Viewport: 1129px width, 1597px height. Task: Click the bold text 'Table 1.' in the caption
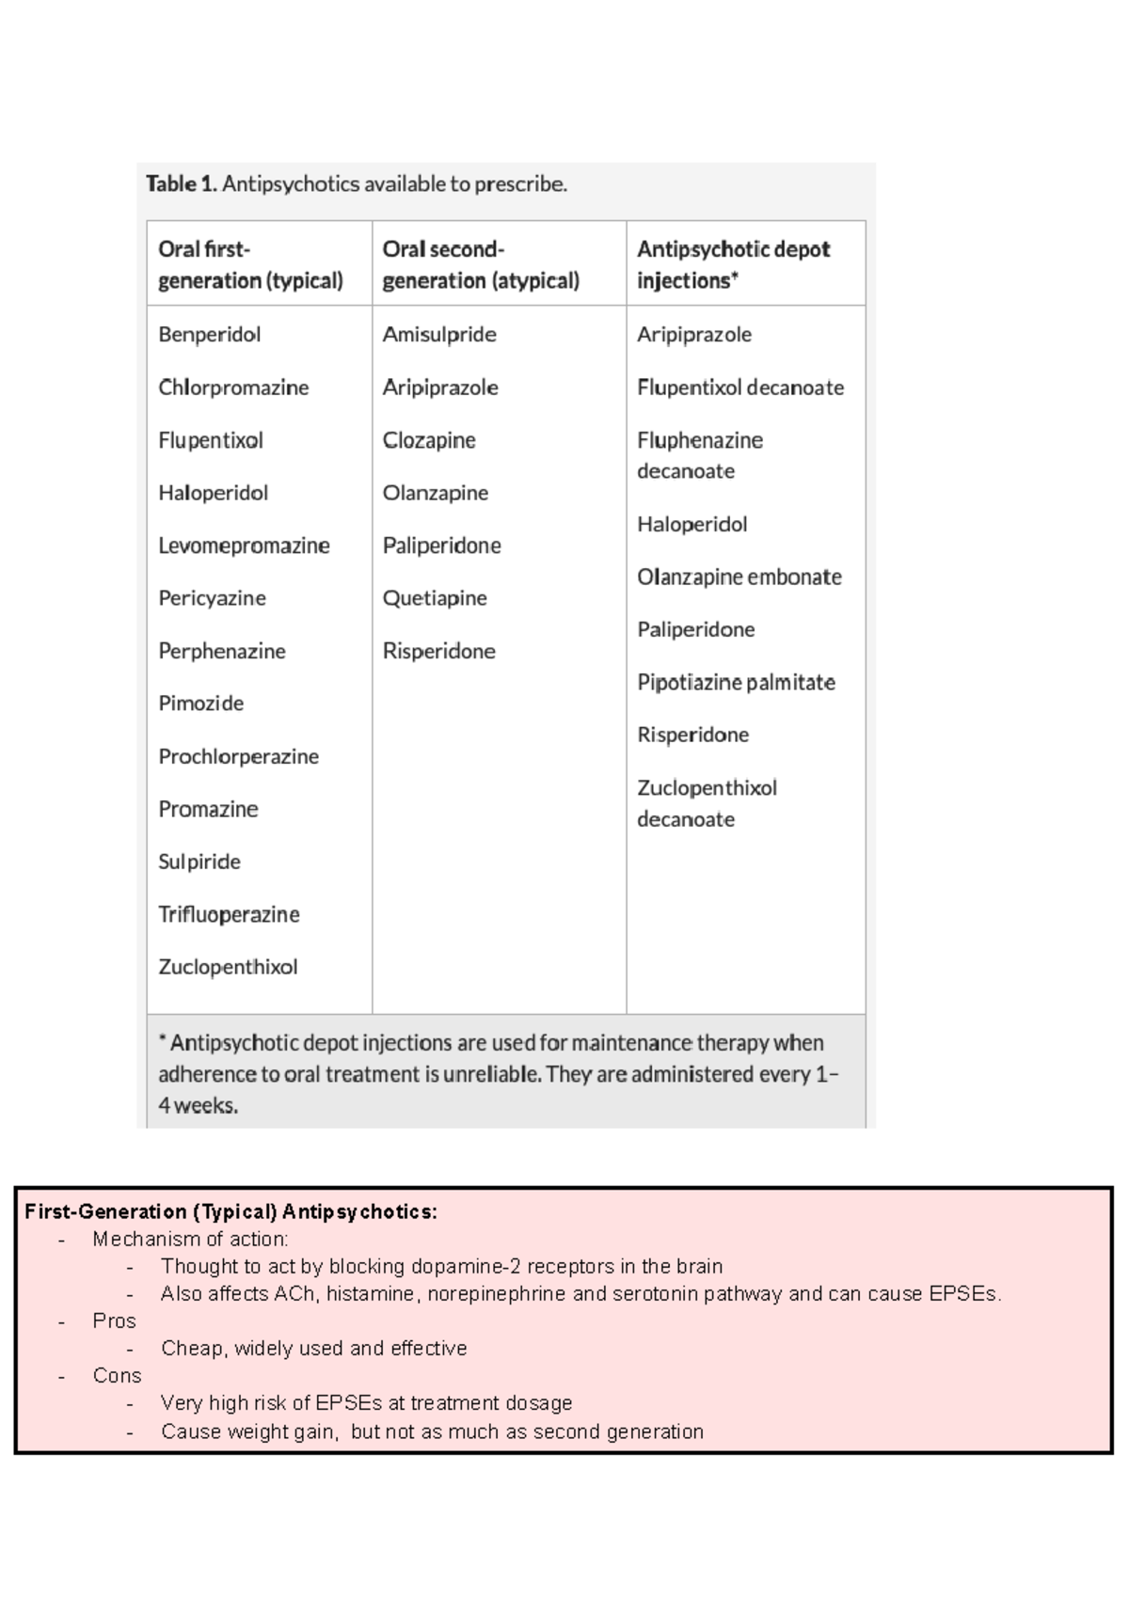pos(181,184)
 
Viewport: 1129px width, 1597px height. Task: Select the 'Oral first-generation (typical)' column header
pos(250,264)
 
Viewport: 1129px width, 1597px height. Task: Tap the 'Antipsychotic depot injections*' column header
pos(733,264)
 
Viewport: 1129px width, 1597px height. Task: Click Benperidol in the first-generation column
pos(209,335)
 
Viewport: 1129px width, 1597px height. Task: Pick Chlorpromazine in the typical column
pos(233,387)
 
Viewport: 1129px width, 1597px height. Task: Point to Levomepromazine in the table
pos(244,546)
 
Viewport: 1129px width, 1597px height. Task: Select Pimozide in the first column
pos(200,704)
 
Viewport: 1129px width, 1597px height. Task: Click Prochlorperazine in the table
pos(238,756)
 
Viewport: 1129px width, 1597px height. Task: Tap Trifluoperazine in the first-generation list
pos(229,914)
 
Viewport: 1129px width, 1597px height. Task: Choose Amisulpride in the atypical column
pos(439,335)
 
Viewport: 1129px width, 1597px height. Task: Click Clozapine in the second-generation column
pos(429,440)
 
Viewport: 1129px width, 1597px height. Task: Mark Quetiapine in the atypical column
pos(435,598)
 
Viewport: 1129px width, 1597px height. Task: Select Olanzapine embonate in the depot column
pos(739,577)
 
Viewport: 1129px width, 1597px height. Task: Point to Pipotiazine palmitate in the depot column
pos(736,682)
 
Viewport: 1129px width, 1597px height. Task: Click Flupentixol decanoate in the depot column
pos(740,387)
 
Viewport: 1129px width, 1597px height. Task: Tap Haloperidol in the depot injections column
pos(692,524)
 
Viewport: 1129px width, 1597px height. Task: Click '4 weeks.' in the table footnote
pos(199,1106)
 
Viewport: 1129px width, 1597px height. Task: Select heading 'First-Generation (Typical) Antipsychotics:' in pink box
pos(231,1211)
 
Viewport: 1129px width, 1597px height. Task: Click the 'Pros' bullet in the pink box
pos(114,1320)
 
